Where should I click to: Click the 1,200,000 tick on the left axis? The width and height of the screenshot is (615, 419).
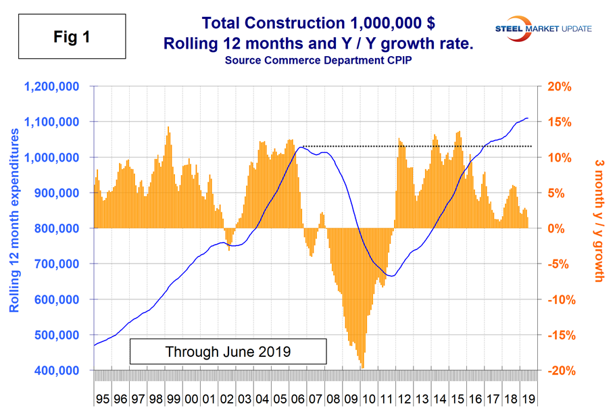[x=51, y=87]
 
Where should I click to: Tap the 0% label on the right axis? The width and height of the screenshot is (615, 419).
[x=553, y=228]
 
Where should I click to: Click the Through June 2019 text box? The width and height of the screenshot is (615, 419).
[x=228, y=352]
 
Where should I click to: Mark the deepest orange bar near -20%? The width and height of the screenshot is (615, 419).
[x=363, y=368]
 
